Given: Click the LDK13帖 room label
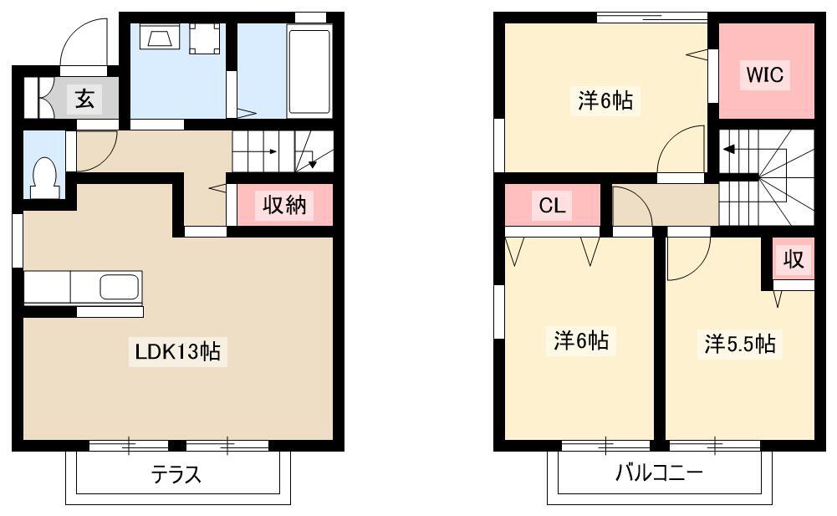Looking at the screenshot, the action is tap(178, 351).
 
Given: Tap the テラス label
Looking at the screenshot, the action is tap(176, 474).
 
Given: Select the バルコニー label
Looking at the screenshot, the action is tap(659, 473).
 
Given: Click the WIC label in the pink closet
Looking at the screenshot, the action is tap(765, 74).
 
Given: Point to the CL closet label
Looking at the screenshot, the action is tap(552, 205).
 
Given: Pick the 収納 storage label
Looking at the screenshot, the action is tap(284, 204).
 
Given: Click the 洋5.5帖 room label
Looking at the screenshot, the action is tap(740, 344).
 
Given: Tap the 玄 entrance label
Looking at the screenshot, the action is tap(85, 99).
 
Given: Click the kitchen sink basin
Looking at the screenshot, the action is tap(120, 287).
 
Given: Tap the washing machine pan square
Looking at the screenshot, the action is tap(205, 38).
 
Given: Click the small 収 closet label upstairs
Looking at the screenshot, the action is tap(794, 259).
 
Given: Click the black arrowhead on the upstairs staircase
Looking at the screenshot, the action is tap(728, 149).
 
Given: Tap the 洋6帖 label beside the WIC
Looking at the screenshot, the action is tap(605, 100).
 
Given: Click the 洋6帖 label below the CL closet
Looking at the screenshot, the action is tap(581, 340).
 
